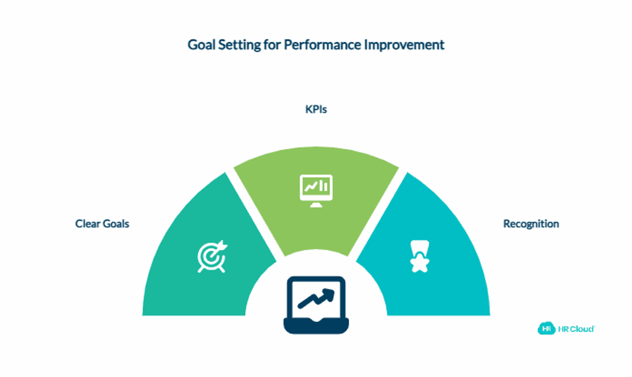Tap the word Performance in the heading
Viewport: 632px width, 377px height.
pos(322,45)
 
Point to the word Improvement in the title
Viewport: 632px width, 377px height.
pos(405,45)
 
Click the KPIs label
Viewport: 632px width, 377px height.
pos(316,109)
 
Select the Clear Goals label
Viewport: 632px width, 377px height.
pos(102,224)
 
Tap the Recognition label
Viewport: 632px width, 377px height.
pos(531,224)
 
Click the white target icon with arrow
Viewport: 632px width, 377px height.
pos(212,256)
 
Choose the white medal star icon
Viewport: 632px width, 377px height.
pos(420,256)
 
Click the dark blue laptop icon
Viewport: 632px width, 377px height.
pos(316,305)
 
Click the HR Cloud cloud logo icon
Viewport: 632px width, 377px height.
pos(547,328)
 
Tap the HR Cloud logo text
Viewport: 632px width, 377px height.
pos(577,329)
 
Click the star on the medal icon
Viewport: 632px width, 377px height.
pos(420,263)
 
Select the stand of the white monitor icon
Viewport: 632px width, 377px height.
pos(316,205)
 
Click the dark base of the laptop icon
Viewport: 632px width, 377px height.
pos(316,326)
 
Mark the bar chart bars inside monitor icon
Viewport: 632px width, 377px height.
pos(323,186)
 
